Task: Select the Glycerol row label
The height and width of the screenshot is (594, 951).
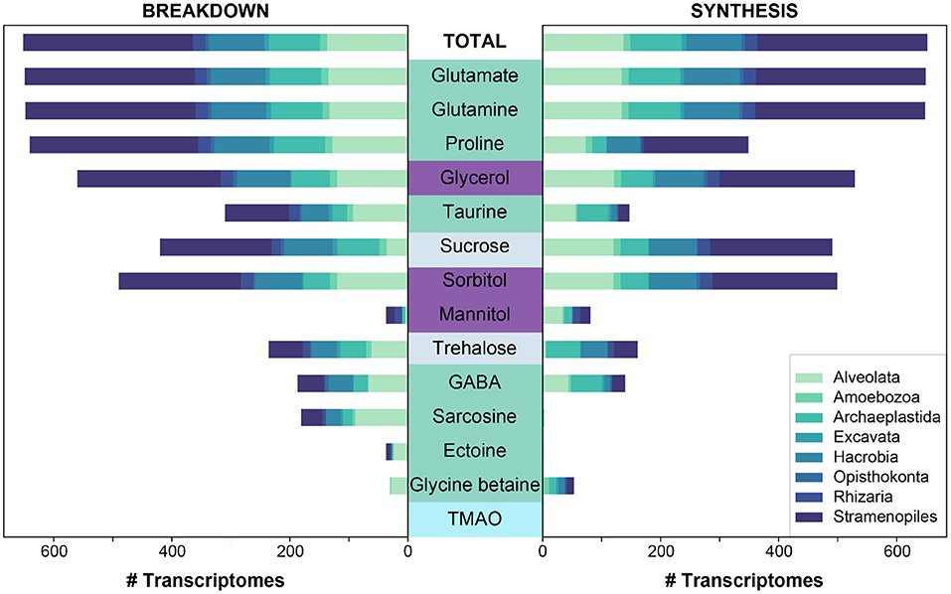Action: [x=475, y=179]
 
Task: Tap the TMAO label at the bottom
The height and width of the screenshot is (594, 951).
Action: [x=475, y=519]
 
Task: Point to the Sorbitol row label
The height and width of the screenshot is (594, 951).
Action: [x=475, y=281]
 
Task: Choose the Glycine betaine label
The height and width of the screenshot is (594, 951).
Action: [x=475, y=485]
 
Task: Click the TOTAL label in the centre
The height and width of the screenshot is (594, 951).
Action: [x=475, y=42]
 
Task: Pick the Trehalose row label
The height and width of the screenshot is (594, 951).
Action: [x=475, y=349]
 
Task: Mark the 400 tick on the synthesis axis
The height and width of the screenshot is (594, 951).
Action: [x=779, y=552]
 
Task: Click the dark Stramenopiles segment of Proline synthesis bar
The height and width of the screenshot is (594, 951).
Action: [x=695, y=145]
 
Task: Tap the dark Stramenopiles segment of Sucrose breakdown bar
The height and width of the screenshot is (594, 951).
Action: [x=216, y=247]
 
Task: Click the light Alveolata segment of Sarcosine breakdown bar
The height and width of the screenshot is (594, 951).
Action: [x=382, y=417]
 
